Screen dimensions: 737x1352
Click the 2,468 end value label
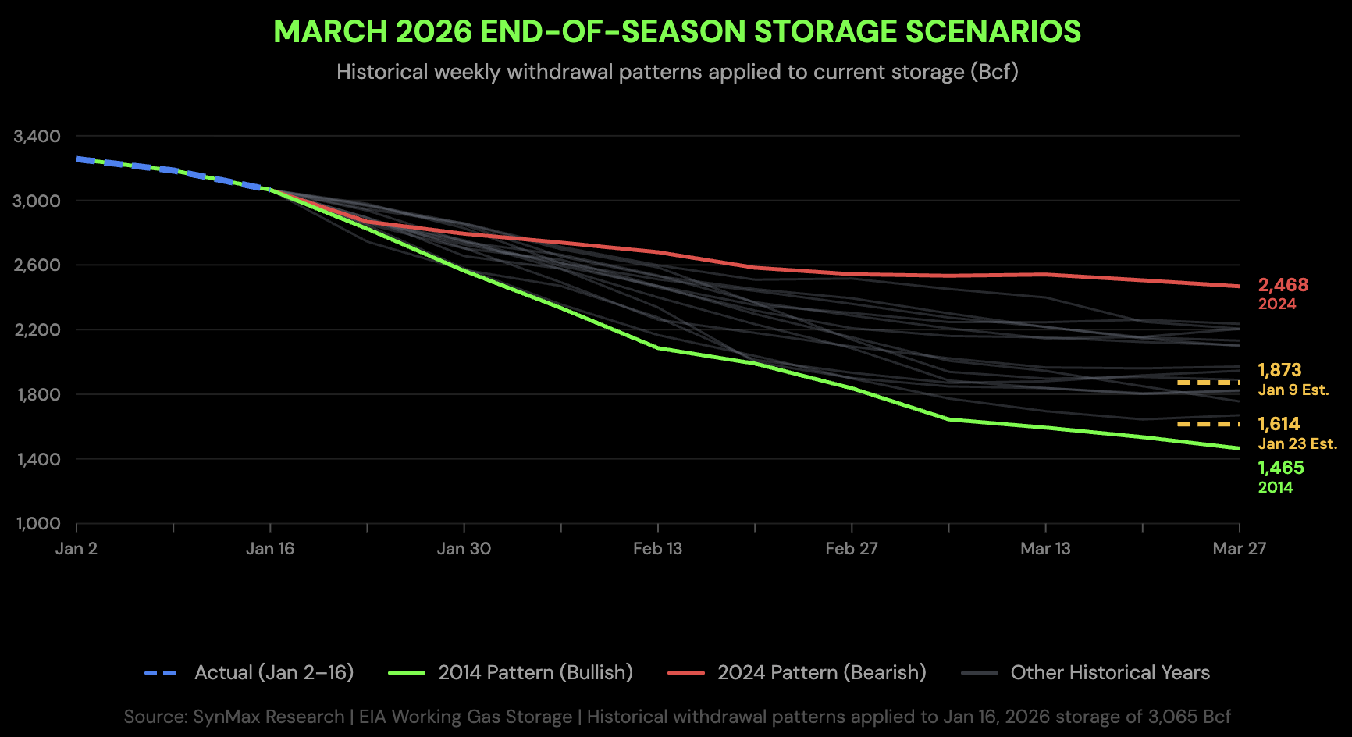1283,286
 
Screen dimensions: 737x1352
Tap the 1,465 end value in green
1280,468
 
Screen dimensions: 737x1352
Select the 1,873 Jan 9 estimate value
1279,370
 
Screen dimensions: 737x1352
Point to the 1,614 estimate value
1279,424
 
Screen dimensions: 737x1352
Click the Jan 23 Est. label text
1297,444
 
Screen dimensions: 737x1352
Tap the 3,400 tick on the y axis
37,137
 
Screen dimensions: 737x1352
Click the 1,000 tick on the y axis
38,524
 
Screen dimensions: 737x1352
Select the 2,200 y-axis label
37,330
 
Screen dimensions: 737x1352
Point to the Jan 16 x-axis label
270,549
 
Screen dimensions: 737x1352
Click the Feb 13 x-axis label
657,549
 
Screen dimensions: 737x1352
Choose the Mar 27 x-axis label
1239,549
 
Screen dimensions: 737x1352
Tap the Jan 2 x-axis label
76,549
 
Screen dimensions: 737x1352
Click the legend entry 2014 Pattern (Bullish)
535,672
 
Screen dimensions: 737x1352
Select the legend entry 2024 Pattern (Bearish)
821,672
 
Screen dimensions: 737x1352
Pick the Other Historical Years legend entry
1109,672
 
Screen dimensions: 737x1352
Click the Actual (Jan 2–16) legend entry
273,672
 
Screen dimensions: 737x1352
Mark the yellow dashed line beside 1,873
1208,383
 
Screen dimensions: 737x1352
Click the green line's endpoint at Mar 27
1239,448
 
